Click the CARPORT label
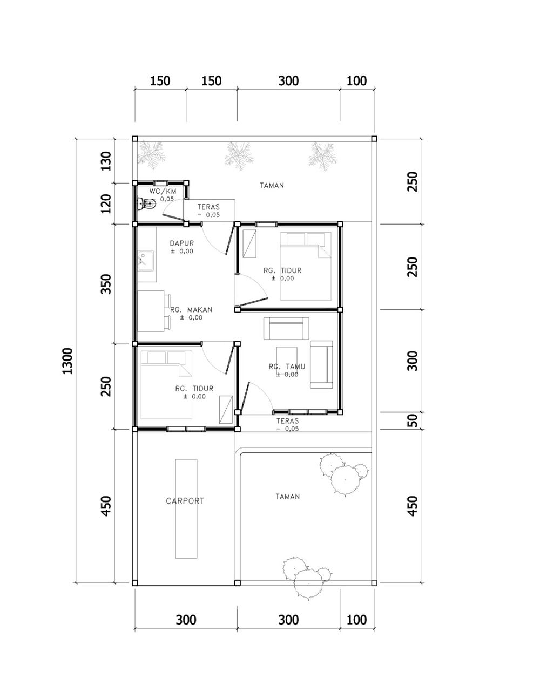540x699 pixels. coord(185,501)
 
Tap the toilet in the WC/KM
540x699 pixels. coord(147,203)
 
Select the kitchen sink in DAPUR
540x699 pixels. coord(146,261)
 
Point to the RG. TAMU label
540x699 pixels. coord(287,367)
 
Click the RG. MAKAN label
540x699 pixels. coord(191,310)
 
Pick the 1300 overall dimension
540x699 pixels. coord(67,361)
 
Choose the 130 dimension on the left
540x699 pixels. coord(106,161)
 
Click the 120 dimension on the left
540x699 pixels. coord(106,203)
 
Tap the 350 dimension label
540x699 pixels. coord(106,284)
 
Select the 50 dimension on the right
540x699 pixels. coord(412,420)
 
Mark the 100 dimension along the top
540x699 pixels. coord(356,81)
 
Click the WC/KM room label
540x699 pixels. coord(163,191)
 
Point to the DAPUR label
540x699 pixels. coord(182,243)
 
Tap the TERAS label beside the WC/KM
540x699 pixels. coord(208,207)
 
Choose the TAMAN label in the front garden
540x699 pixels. coord(288,497)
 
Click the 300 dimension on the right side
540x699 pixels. coord(412,361)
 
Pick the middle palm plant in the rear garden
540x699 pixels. coord(239,155)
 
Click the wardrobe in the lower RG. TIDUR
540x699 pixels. coord(226,410)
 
